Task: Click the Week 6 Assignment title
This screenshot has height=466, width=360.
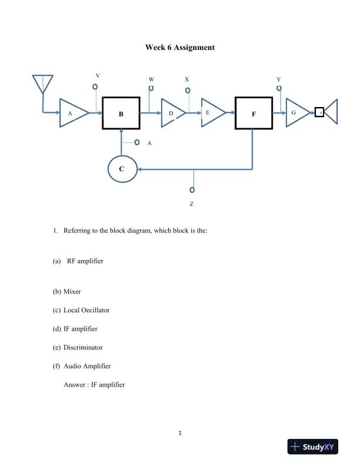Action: [x=180, y=47]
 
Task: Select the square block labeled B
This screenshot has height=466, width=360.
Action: [x=121, y=114]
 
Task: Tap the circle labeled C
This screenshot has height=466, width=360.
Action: [x=122, y=169]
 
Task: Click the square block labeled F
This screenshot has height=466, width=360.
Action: [x=254, y=114]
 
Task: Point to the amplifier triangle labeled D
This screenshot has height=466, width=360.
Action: [x=172, y=113]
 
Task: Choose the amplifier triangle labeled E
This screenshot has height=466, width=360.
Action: [x=212, y=112]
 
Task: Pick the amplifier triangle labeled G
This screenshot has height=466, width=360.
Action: [x=296, y=112]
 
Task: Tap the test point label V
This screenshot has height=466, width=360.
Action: [x=98, y=75]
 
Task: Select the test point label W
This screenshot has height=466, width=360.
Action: [x=151, y=79]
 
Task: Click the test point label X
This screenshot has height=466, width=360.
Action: [x=187, y=79]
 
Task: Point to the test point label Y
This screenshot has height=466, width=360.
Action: [x=278, y=79]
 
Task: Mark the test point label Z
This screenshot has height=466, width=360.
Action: [x=192, y=204]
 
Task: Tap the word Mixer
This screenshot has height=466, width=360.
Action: [x=72, y=291]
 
